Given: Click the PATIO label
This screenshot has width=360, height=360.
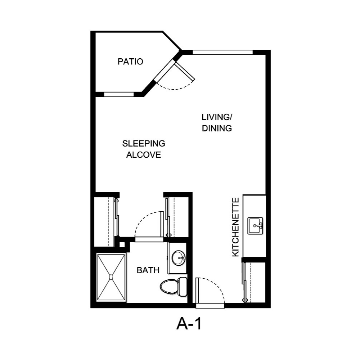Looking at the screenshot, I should click(130, 62).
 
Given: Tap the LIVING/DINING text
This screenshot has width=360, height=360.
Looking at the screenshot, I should click(217, 123).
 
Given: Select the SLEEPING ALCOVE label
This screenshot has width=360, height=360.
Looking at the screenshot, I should click(144, 149).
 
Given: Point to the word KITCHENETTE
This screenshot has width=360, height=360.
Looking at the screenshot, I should click(235, 227).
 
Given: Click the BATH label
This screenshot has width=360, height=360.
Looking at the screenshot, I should click(148, 270).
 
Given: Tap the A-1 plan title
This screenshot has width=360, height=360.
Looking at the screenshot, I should click(189, 324).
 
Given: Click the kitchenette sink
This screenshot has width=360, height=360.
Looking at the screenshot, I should click(255, 226).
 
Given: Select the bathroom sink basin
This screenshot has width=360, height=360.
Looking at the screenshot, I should click(178, 258).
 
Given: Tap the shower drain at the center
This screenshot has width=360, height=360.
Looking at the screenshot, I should click(111, 277).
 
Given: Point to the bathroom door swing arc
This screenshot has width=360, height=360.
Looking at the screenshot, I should click(144, 220).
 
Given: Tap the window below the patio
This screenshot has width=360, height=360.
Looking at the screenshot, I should click(119, 95).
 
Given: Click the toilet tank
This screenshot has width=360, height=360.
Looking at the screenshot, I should click(183, 287).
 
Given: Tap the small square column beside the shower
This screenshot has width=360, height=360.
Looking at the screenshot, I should click(122, 245).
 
